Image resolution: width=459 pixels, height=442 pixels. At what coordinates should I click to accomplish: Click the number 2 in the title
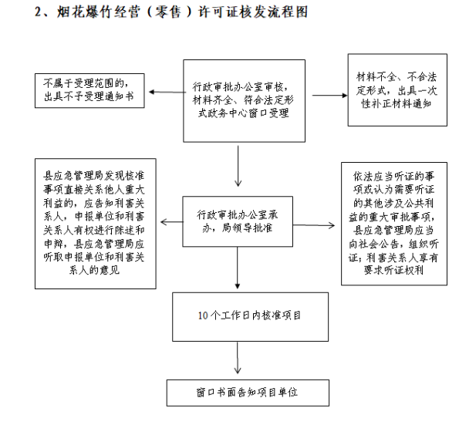[x=38, y=12]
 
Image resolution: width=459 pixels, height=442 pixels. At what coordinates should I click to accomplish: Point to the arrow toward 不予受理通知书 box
[x=167, y=93]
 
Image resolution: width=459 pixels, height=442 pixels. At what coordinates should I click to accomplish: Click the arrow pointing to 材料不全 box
[x=330, y=95]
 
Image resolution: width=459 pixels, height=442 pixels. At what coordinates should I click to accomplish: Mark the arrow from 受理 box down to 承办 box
[x=238, y=166]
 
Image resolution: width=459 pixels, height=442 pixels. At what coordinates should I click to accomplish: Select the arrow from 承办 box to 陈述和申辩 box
[x=172, y=222]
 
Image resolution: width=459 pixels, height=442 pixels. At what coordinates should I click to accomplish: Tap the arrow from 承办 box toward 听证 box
[x=314, y=225]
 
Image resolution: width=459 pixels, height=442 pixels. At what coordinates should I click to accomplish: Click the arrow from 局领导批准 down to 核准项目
[x=238, y=268]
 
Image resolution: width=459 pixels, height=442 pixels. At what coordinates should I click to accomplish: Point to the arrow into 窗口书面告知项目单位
[x=238, y=358]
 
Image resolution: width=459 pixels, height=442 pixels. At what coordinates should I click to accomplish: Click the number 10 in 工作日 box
[x=203, y=315]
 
